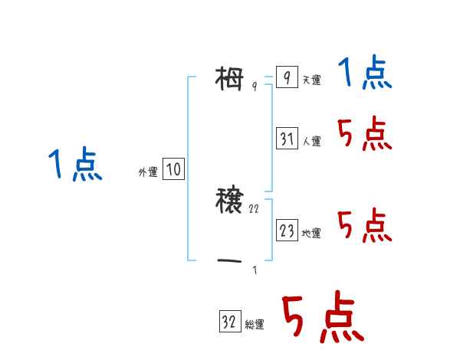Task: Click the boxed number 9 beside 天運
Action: click(286, 77)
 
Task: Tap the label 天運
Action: click(311, 80)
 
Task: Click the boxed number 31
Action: click(287, 139)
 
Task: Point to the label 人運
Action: click(311, 141)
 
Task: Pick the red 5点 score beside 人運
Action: click(365, 135)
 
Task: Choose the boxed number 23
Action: click(287, 230)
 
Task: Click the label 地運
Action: click(311, 233)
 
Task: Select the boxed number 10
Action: click(173, 169)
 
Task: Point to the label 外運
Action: click(148, 172)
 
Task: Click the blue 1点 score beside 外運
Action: click(75, 165)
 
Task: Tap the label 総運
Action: click(255, 325)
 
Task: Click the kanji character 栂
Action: click(231, 77)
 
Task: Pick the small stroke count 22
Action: click(255, 208)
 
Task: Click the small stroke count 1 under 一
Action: click(255, 270)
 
